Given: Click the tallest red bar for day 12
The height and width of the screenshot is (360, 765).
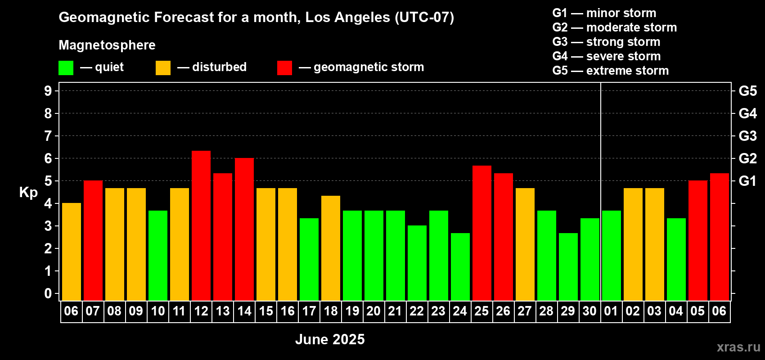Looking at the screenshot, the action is point(201,225).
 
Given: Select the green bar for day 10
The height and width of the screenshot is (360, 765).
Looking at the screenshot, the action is point(158,256).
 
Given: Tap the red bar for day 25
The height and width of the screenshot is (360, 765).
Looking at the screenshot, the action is point(482,233).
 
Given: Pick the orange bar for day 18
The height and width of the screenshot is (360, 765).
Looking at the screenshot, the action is point(331,248).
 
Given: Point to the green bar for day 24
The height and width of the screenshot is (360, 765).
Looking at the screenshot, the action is point(460,267).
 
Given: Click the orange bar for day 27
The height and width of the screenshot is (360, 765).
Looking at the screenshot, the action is point(525,244).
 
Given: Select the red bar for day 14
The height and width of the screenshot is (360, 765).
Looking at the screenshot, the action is point(244,229).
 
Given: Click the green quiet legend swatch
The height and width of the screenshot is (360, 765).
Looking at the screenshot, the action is point(66,67).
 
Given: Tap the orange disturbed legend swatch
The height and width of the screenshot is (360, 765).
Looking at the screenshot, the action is point(163,67).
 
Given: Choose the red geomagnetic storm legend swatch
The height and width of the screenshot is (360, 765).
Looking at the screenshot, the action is point(284,67).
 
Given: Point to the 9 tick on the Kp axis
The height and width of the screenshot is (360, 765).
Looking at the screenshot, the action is point(48,91).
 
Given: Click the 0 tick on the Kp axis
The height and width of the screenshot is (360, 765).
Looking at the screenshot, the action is point(48,293).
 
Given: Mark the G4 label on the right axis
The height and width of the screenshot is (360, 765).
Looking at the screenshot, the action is point(748,113).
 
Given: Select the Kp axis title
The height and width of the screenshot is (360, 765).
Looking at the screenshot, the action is point(28,192).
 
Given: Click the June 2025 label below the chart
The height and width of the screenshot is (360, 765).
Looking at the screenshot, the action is point(330,339).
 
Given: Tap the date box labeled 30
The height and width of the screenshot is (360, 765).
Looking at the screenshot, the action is point(590,311).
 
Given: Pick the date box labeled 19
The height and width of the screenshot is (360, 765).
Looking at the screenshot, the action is point(352,311).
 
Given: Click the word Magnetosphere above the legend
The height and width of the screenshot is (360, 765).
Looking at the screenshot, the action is point(107,45).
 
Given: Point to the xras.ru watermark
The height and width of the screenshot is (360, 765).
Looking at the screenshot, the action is point(738,347).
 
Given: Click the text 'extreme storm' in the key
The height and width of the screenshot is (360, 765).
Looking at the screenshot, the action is point(627,71).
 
